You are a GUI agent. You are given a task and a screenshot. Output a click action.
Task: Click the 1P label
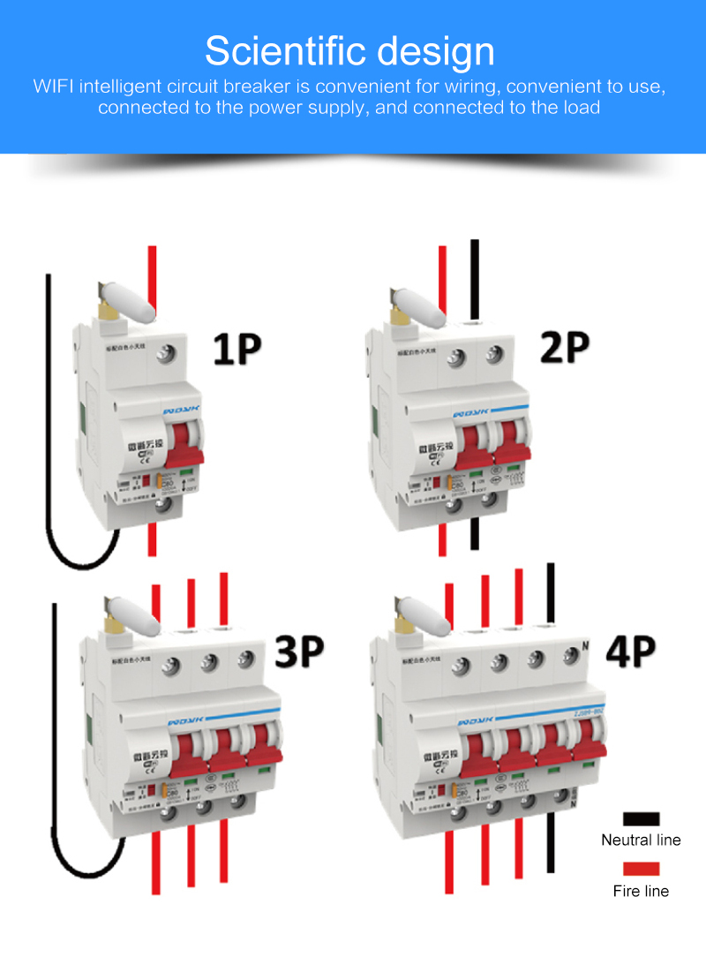click(x=237, y=349)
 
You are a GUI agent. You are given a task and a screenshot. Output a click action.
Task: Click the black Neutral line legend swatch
click(x=641, y=819)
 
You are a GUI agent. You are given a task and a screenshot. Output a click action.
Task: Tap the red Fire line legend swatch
click(x=641, y=869)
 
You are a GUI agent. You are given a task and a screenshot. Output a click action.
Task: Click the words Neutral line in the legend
click(x=641, y=840)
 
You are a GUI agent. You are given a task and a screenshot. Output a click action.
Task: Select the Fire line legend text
click(x=641, y=891)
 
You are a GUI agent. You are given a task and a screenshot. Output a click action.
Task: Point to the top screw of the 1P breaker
click(x=165, y=354)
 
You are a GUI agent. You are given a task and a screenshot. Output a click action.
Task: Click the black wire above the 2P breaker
click(x=475, y=278)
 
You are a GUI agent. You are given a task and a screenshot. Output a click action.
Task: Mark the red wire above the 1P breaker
click(x=152, y=274)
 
